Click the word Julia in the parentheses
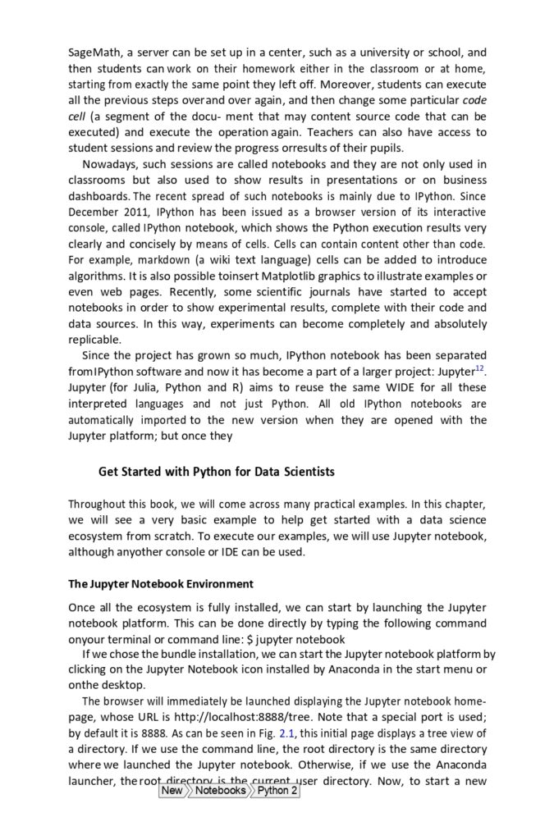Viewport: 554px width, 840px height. pyautogui.click(x=148, y=387)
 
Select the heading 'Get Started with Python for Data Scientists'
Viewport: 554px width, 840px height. pyautogui.click(x=217, y=472)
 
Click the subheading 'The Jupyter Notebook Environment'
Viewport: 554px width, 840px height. pyautogui.click(x=161, y=584)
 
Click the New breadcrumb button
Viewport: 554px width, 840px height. pyautogui.click(x=172, y=791)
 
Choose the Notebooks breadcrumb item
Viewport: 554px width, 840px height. pyautogui.click(x=219, y=791)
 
